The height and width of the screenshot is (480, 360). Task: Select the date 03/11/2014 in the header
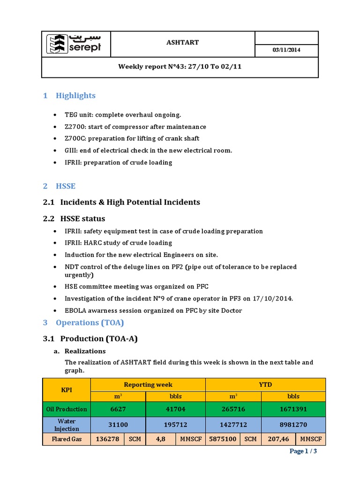pyautogui.click(x=286, y=50)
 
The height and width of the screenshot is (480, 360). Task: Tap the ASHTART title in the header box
pyautogui.click(x=183, y=43)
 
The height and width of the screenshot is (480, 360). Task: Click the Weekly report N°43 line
pyautogui.click(x=180, y=67)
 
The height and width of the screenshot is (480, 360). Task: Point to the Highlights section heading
pyautogui.click(x=75, y=96)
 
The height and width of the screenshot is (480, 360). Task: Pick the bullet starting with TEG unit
pyautogui.click(x=123, y=115)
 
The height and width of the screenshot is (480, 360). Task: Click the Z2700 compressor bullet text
pyautogui.click(x=135, y=127)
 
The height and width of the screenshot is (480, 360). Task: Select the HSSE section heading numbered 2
pyautogui.click(x=65, y=186)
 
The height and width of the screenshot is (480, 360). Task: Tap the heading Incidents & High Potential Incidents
pyautogui.click(x=130, y=202)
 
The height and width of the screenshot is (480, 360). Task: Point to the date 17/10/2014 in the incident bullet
pyautogui.click(x=272, y=299)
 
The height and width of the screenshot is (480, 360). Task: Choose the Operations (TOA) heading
pyautogui.click(x=90, y=322)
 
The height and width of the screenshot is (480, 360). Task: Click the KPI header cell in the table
pyautogui.click(x=66, y=390)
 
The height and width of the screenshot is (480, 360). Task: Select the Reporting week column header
pyautogui.click(x=148, y=384)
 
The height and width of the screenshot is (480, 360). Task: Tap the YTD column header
pyautogui.click(x=265, y=384)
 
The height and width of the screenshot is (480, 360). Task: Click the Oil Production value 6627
pyautogui.click(x=118, y=409)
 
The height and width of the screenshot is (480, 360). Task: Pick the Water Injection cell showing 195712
pyautogui.click(x=176, y=425)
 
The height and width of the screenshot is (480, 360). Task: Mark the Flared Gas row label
pyautogui.click(x=66, y=439)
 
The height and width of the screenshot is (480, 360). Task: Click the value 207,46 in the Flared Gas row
pyautogui.click(x=278, y=439)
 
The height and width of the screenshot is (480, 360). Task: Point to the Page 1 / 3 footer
pyautogui.click(x=303, y=451)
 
